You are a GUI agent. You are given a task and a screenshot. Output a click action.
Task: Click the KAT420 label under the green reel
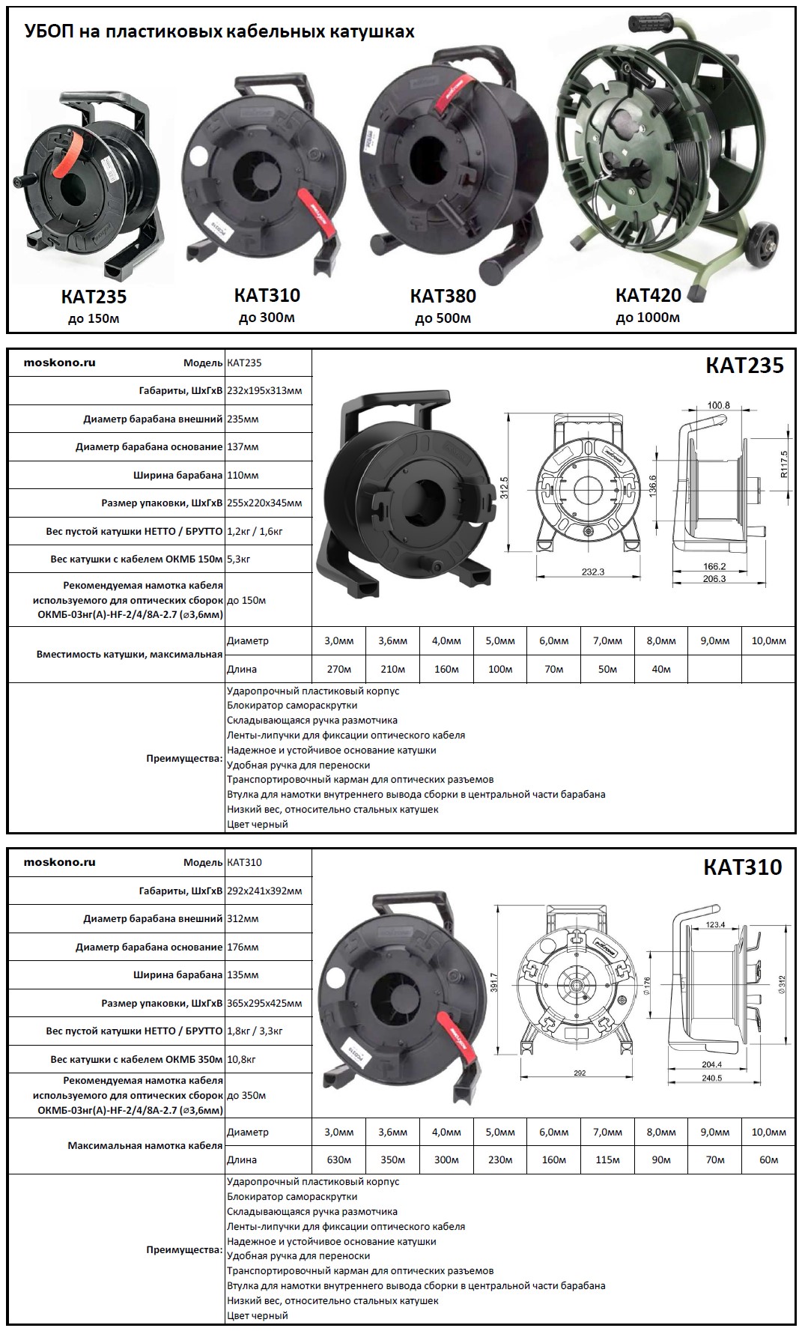648,295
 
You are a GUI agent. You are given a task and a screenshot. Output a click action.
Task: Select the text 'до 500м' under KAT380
443,318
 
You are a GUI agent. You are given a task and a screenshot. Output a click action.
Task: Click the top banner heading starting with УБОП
219,31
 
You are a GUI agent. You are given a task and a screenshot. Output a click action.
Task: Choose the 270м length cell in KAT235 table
338,669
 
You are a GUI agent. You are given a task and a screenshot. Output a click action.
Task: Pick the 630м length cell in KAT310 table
338,1159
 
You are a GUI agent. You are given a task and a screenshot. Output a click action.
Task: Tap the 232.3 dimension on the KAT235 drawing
592,571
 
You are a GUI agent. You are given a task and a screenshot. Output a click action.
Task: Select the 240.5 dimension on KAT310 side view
711,1078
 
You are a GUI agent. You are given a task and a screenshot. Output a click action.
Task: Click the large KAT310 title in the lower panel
742,867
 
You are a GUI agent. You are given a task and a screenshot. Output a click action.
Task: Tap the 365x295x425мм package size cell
264,1003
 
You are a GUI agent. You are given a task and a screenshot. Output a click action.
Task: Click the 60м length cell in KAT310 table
768,1159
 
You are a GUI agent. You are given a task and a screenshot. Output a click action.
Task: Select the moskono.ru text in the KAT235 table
60,363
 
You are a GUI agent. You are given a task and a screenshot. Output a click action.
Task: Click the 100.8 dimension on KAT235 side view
718,405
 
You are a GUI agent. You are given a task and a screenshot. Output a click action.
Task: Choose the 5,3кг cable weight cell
238,559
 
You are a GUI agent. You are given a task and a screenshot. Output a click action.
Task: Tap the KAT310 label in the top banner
267,295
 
